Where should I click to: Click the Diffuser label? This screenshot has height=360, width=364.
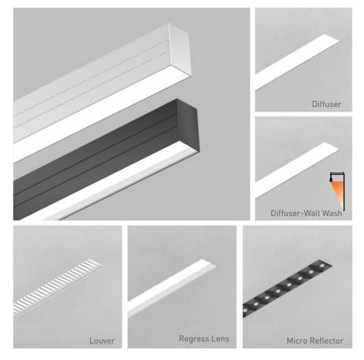(x=326, y=104)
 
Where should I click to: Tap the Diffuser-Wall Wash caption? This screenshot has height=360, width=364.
(x=306, y=213)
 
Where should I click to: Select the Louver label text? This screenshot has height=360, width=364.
(x=102, y=341)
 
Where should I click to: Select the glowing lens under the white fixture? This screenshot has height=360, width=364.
(x=102, y=114)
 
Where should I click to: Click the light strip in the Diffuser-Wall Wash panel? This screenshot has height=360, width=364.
(x=298, y=170)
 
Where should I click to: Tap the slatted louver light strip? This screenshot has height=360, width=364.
(x=58, y=288)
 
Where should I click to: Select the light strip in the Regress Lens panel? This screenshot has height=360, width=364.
(x=172, y=288)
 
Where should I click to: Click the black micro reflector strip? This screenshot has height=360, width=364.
(x=287, y=289)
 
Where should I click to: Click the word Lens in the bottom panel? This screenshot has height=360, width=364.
(x=219, y=339)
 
